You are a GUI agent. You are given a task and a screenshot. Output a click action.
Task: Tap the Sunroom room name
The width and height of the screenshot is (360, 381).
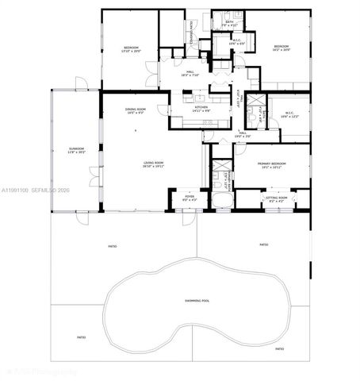[x=76, y=148]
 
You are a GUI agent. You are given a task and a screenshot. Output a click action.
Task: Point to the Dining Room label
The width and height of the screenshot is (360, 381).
[x=135, y=110]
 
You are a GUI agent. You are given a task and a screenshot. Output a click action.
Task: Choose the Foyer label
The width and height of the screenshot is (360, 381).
[x=190, y=196]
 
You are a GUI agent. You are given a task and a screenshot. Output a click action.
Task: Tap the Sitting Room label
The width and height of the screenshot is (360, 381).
[x=276, y=197]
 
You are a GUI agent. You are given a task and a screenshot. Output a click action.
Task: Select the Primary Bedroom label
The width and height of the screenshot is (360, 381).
[x=272, y=164]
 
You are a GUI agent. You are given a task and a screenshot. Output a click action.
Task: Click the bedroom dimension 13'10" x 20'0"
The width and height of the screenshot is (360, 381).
[x=130, y=52]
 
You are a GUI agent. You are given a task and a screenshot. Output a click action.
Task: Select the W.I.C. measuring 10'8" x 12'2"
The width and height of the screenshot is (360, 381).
[x=289, y=117]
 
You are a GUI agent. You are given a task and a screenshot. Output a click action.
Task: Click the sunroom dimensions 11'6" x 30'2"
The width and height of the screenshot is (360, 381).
[x=76, y=153]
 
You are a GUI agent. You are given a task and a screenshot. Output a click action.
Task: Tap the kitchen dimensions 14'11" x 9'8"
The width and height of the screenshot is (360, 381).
[x=201, y=110]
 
